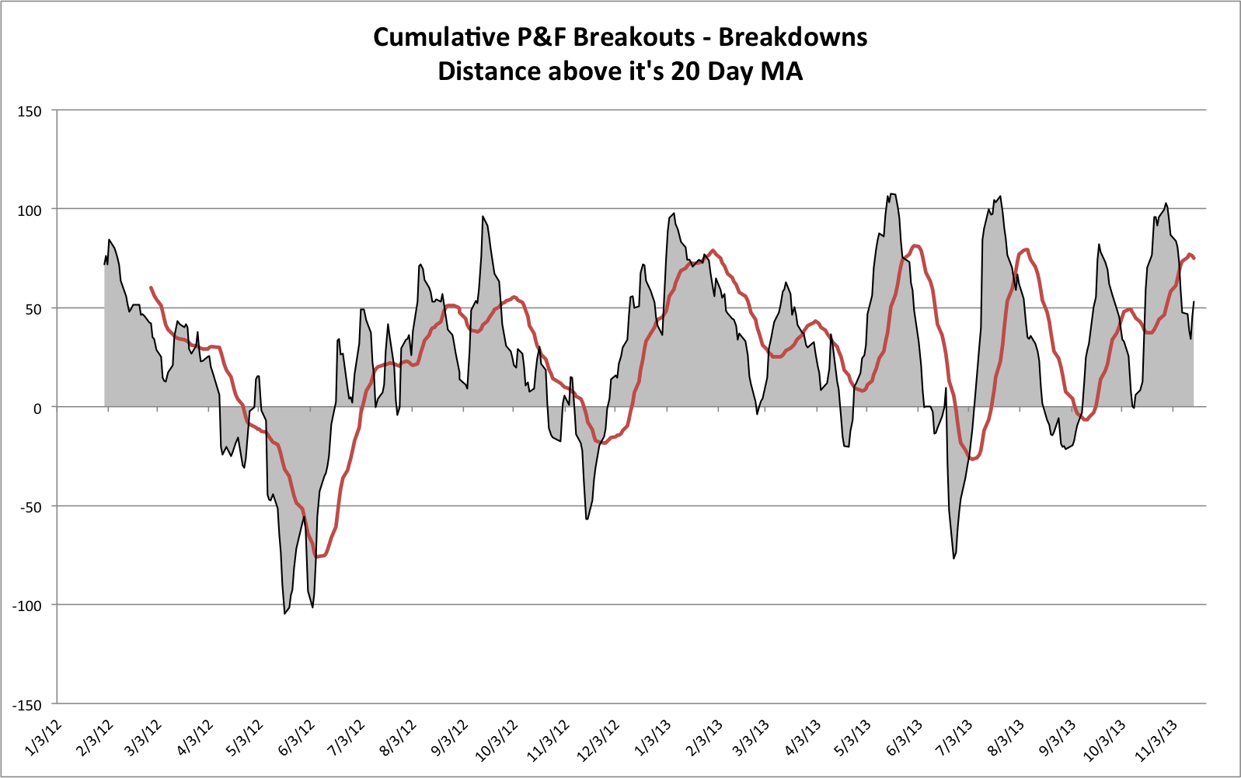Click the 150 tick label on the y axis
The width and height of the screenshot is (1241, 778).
[30, 111]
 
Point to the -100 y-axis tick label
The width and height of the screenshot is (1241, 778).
[27, 605]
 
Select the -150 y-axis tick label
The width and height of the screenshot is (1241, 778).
[27, 704]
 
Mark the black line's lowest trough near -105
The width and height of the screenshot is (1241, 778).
[285, 613]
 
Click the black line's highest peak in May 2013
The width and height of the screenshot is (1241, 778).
[891, 194]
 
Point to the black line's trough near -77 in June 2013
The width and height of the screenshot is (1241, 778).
[953, 558]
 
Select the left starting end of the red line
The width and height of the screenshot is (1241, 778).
[151, 287]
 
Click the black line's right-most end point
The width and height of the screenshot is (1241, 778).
[1194, 302]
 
